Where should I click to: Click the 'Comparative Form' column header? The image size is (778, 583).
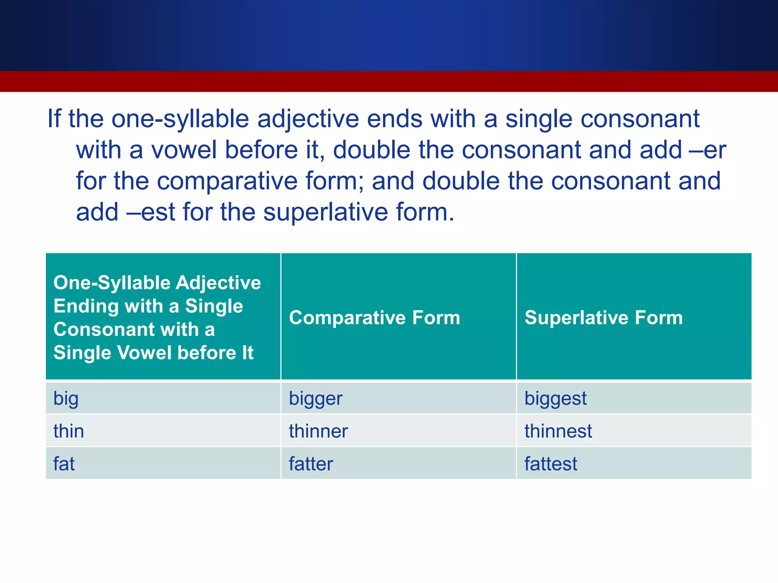point(374,317)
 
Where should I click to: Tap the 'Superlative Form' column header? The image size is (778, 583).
point(603,317)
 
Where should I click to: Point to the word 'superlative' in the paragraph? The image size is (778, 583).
point(325,212)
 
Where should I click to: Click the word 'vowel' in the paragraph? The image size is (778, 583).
point(184,150)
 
